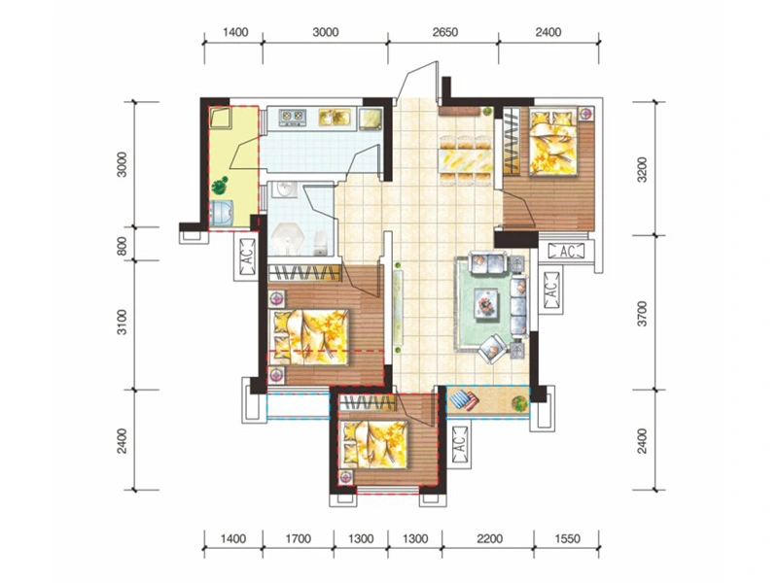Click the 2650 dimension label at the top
coord(444,33)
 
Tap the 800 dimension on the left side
coord(123,246)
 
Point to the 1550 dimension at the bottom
coord(567,538)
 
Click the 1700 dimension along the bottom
coord(299,538)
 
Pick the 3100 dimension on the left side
coord(123,323)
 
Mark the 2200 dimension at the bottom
coord(489,538)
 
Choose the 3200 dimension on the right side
coord(642,169)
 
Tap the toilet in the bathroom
coord(321,243)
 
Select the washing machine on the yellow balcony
coord(222,214)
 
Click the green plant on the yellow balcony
coord(220,186)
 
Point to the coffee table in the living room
coord(485,302)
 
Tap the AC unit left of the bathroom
coord(247,257)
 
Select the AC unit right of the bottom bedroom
coord(460,444)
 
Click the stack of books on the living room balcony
coord(465,399)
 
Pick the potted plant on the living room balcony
coord(519,402)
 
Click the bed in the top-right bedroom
coord(553,142)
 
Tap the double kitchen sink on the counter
coord(335,117)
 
